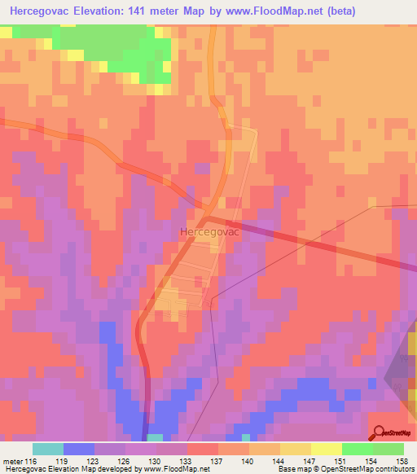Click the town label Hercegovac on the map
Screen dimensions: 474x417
208,232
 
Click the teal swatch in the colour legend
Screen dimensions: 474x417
48,450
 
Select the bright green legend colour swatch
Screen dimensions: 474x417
357,450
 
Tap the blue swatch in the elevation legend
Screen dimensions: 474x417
79,450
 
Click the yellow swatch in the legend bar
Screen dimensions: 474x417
295,450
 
